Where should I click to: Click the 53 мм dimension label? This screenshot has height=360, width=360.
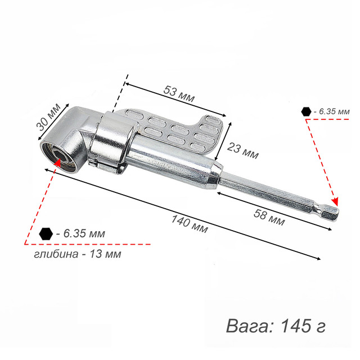tap(179, 93)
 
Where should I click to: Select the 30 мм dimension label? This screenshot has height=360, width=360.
tap(48, 117)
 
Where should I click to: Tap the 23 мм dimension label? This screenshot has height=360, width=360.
tap(242, 151)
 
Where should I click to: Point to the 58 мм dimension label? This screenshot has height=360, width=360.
tap(269, 217)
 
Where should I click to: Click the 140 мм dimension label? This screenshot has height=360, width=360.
tap(190, 224)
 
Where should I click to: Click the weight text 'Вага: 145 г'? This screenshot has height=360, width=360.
tap(276, 326)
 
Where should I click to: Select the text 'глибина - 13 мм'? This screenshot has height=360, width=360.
tap(78, 254)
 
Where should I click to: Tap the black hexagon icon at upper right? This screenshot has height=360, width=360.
tap(306, 112)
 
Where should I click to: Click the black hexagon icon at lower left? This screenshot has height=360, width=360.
tap(46, 234)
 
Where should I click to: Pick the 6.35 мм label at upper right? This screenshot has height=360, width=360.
tap(331, 112)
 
